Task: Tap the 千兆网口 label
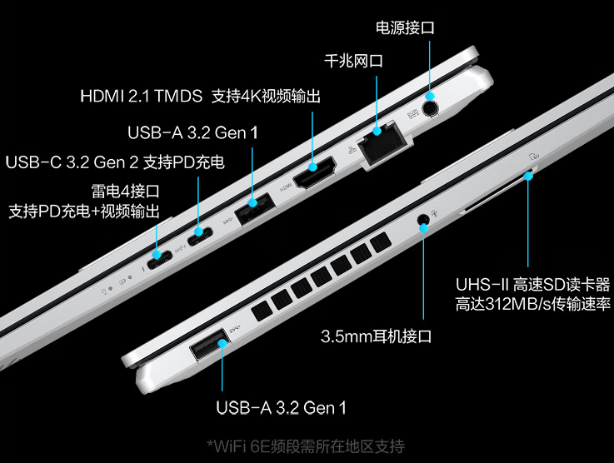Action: (353, 62)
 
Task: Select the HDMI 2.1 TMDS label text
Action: (141, 97)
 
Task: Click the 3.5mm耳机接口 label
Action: (377, 336)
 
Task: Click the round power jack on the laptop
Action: (431, 107)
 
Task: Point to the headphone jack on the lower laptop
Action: (423, 222)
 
